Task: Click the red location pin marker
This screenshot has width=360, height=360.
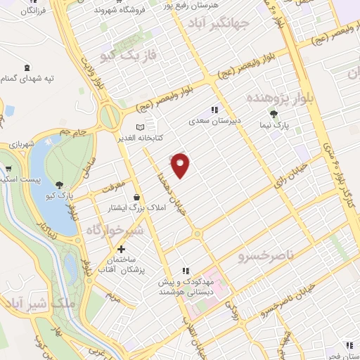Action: (181, 165)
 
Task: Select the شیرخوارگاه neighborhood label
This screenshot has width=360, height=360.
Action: (115, 229)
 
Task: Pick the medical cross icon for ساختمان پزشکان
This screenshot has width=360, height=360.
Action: (122, 249)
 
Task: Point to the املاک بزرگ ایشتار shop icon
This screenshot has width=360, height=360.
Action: (134, 197)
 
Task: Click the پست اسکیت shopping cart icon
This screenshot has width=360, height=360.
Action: (8, 169)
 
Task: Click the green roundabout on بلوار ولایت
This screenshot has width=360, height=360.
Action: (109, 116)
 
